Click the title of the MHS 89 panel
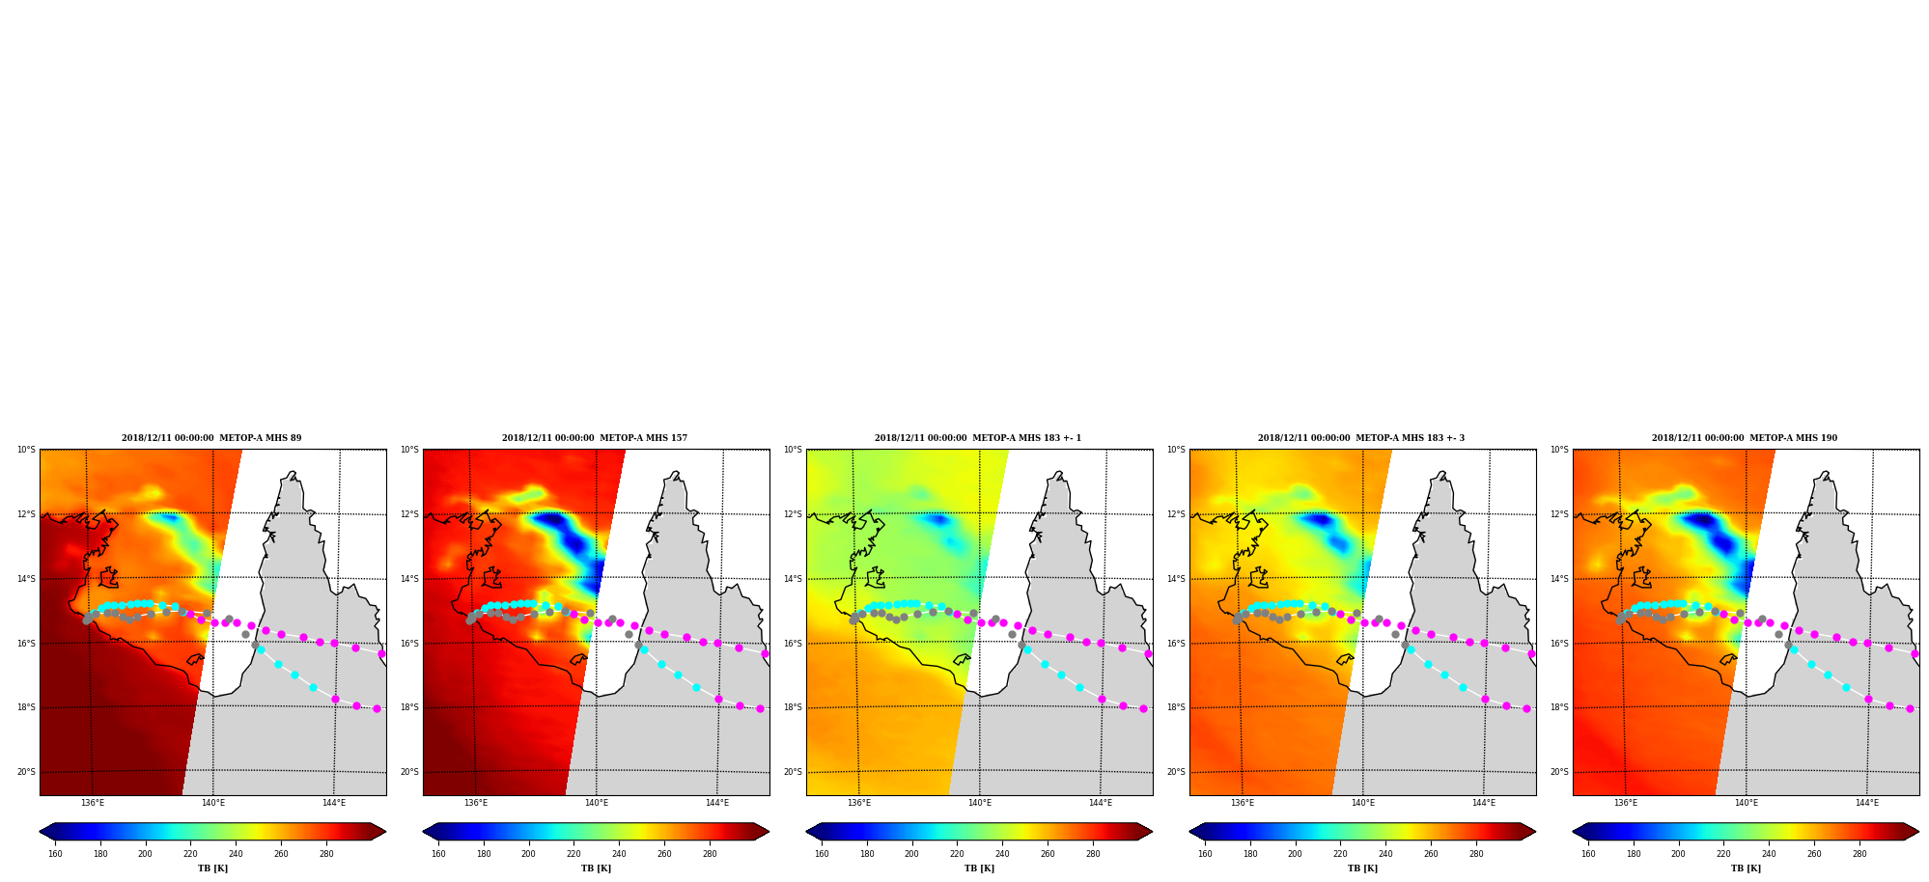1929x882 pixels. (211, 438)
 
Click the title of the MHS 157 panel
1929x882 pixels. (595, 438)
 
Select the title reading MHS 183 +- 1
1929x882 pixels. (978, 438)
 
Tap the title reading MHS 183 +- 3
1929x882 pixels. (1361, 438)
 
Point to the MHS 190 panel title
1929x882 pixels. (1745, 438)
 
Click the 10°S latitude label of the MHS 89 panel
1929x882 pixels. (26, 450)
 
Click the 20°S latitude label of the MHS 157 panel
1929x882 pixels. (409, 772)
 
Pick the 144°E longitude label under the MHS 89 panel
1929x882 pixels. (334, 803)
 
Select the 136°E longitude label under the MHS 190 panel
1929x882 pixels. (1626, 803)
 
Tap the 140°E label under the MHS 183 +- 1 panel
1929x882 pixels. (980, 803)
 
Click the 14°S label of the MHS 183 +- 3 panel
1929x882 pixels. (1176, 579)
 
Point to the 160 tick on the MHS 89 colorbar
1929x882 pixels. (55, 853)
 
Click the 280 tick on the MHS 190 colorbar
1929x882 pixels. (1859, 853)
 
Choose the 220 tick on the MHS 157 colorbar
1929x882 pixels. (573, 853)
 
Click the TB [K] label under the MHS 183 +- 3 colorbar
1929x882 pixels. (1362, 868)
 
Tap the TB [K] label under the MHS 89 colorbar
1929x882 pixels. (212, 868)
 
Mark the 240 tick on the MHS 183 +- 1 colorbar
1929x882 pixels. (1002, 853)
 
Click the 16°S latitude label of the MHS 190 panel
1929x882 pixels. (1559, 644)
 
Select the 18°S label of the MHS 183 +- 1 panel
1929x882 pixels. (793, 707)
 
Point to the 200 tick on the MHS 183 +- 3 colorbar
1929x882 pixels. (1295, 853)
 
